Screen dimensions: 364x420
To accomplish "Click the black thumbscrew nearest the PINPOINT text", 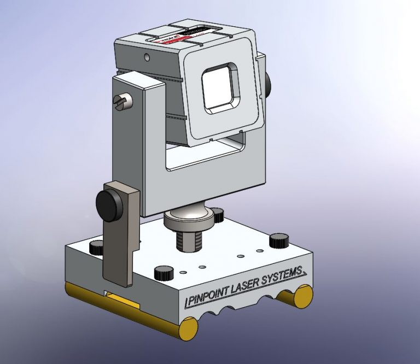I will [x=164, y=273].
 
